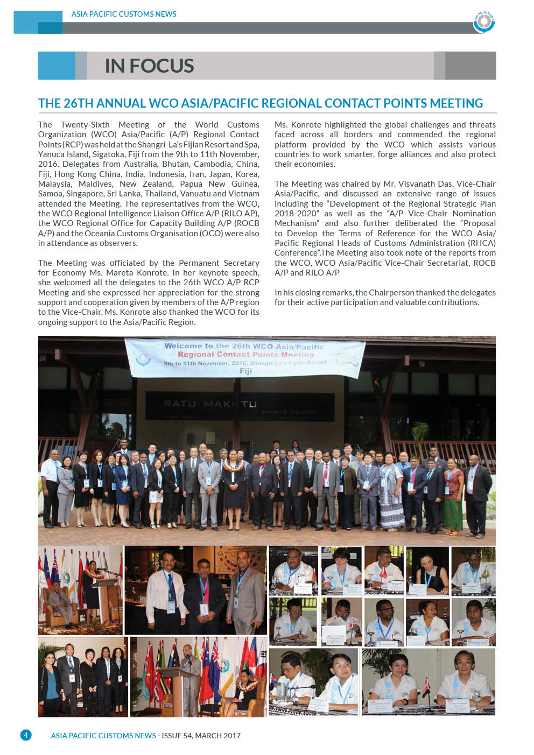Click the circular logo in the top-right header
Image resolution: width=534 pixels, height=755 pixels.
coord(484,22)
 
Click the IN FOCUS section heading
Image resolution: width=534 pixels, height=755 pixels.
coord(149,66)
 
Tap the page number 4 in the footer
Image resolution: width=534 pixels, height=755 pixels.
coord(26,735)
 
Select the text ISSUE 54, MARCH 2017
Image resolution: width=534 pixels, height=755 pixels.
coord(201,736)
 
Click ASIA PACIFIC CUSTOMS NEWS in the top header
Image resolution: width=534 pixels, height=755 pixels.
coord(124,14)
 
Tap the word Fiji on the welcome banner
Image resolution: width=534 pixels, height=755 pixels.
coord(245,371)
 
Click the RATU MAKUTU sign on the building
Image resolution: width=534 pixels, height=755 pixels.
coord(210,404)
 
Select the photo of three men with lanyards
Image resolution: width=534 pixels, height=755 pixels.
coord(195,590)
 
